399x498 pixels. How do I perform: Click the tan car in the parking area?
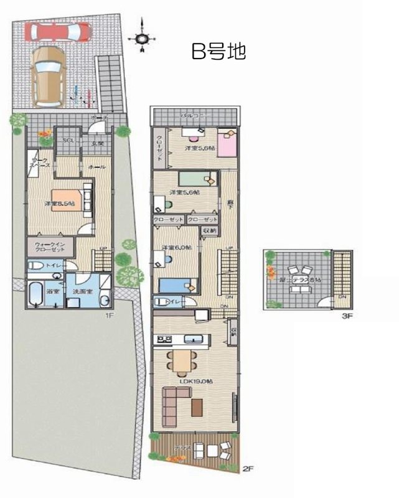48,74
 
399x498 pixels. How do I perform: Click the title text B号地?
218,52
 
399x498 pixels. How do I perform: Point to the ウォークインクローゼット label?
49,248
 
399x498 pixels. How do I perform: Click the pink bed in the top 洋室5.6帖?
228,145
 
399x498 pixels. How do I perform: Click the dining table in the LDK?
181,359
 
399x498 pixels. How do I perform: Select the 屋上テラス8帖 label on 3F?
301,281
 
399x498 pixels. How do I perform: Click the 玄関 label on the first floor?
98,144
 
